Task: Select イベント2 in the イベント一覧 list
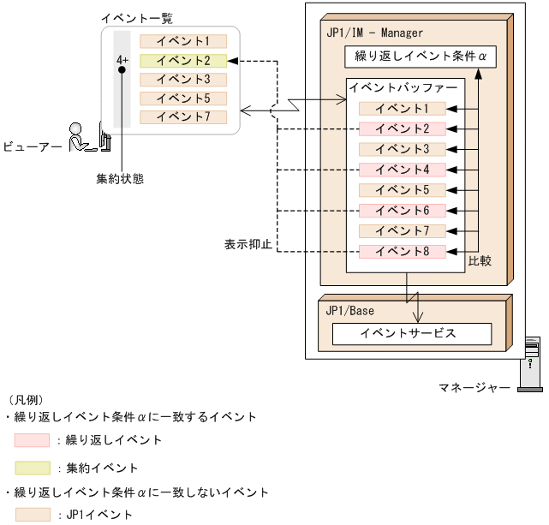[183, 61]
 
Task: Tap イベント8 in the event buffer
[403, 251]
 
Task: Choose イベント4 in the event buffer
[403, 170]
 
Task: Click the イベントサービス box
[411, 334]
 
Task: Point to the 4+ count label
[122, 61]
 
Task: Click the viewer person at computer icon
[88, 138]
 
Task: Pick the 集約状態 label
[120, 180]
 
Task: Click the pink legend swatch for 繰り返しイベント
[32, 440]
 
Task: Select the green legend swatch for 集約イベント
[32, 468]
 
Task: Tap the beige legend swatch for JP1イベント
[32, 514]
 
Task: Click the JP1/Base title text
[349, 311]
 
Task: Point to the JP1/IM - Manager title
[374, 33]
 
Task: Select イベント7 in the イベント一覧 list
[183, 116]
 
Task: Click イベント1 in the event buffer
[403, 108]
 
